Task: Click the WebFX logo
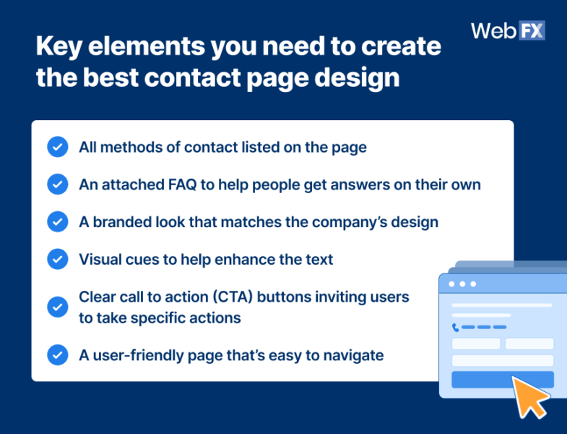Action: coord(507,30)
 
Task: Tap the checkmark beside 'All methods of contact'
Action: coord(57,148)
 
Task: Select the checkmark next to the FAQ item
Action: coord(57,184)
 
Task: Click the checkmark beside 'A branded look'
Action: coord(57,221)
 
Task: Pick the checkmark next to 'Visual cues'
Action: coord(57,258)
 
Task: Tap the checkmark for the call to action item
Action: coord(57,307)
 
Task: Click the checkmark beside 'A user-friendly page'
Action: coord(57,355)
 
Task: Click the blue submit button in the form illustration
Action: coord(502,379)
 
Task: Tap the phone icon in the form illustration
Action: coord(455,327)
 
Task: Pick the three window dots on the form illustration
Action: coord(462,284)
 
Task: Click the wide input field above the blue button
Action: coord(502,360)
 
